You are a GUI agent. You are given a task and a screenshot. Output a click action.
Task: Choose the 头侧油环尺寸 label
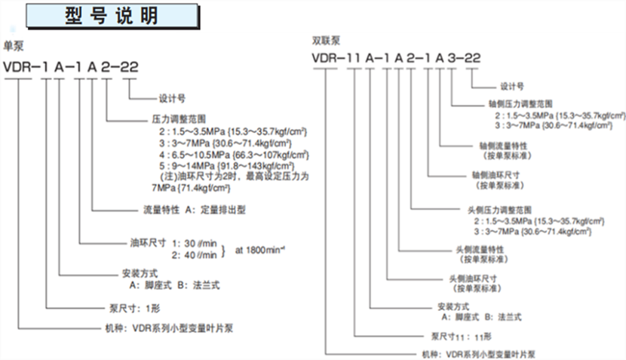click(473, 279)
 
